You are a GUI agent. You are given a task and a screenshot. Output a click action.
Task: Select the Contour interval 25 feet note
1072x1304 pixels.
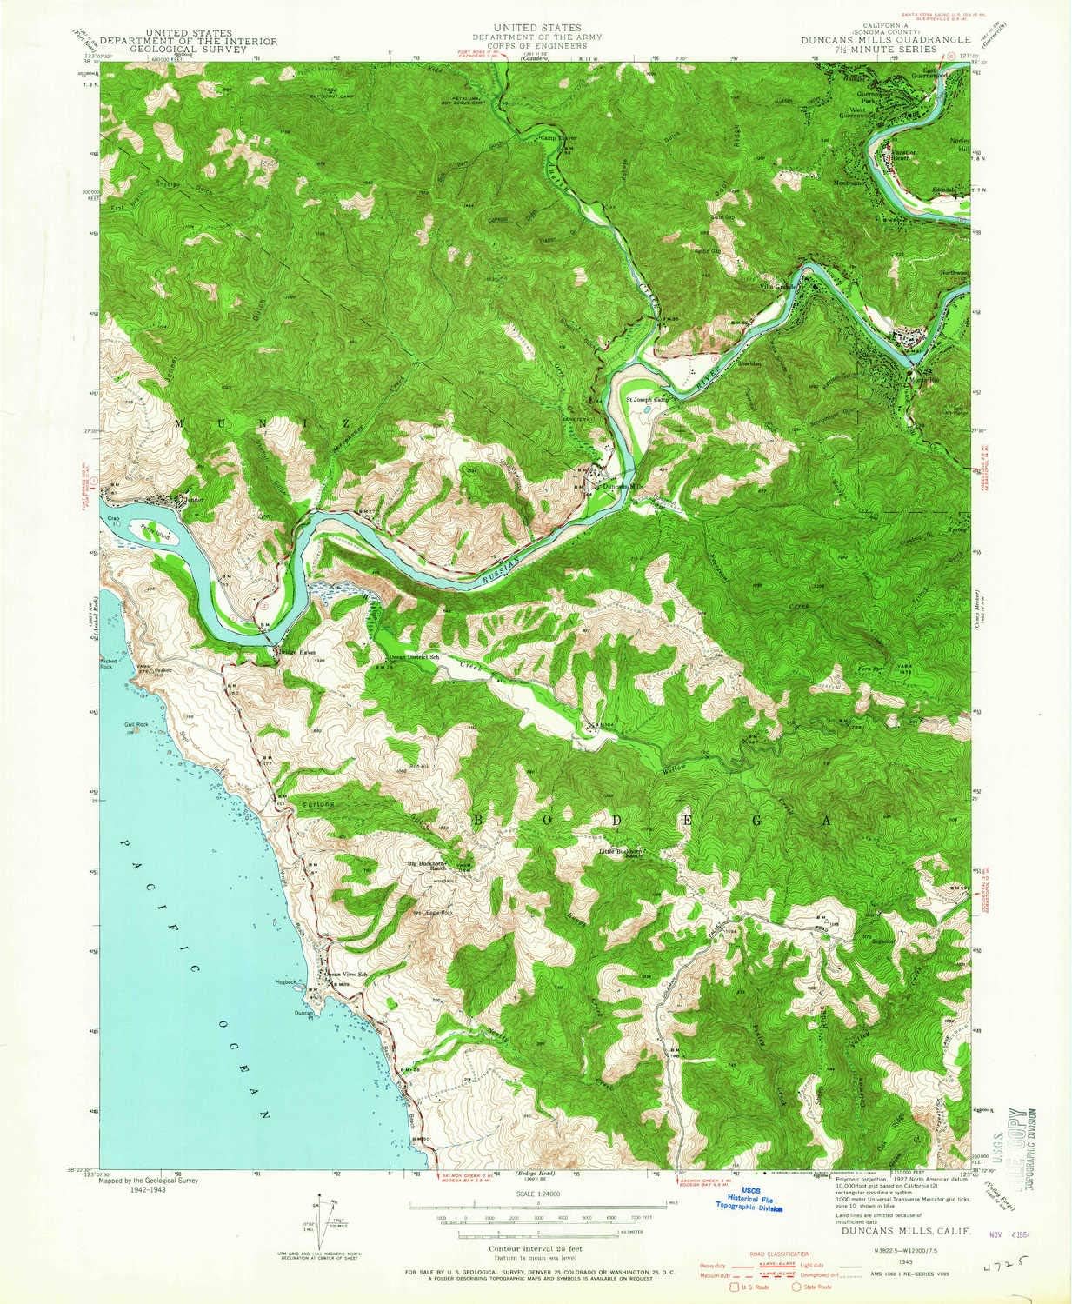click(x=536, y=1247)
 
